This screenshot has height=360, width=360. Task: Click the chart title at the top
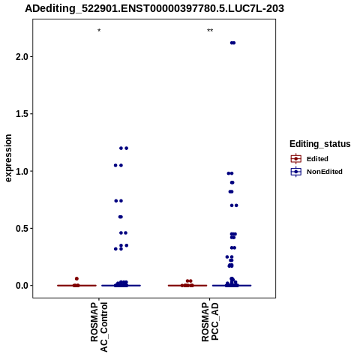[154, 8]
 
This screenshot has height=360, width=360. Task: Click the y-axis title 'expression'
[8, 158]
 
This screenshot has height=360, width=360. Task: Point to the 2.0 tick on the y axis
[21, 57]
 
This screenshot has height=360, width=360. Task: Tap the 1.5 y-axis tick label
[21, 114]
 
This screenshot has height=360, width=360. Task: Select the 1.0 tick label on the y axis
[21, 171]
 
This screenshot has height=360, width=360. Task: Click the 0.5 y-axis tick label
[21, 229]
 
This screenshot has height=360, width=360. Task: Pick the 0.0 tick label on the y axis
[21, 286]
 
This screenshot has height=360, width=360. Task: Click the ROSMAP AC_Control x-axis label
[99, 327]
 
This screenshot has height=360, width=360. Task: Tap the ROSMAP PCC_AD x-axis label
[210, 322]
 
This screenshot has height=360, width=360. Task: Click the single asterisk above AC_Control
[99, 31]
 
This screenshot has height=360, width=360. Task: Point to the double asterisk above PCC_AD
[210, 31]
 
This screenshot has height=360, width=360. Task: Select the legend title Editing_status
[320, 144]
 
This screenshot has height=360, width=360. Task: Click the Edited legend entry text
[317, 159]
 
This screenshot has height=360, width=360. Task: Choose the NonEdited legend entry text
[325, 172]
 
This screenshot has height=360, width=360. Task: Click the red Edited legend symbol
[296, 159]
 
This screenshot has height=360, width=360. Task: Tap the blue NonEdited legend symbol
[296, 172]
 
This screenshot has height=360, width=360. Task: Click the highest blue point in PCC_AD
[232, 43]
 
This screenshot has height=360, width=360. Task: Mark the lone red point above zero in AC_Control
[76, 279]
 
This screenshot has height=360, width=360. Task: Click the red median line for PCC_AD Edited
[187, 286]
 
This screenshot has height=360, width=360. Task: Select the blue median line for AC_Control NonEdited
[121, 286]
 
